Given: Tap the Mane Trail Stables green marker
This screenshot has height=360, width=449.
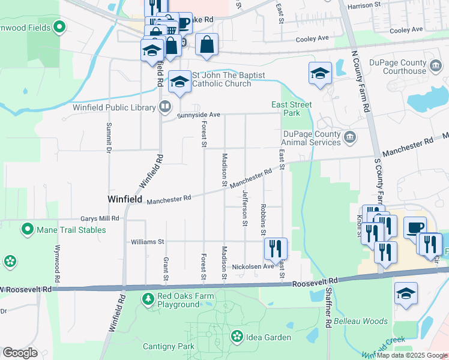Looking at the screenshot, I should pos(27,229).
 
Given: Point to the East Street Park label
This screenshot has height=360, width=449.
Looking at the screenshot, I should pos(292,109).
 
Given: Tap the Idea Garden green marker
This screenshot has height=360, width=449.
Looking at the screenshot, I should pos(237,337).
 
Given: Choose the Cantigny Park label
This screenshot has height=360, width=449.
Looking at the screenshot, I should pos(169,346).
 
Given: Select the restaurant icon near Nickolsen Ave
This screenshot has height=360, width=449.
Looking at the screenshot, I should pos(276,248).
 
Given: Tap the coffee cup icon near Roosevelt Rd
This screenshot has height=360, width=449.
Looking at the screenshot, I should pos(415,227).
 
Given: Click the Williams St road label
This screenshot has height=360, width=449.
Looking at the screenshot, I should pos(148,242).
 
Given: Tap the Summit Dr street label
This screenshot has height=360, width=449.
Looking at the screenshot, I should pos(109,139).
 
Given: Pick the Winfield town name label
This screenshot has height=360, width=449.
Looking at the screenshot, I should pos(124,199).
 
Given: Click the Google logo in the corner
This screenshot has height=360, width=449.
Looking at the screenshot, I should pos(20,353).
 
